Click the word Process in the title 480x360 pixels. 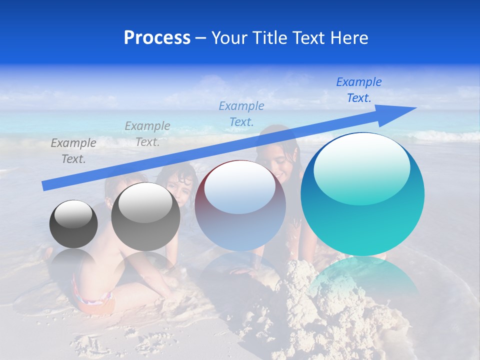157,38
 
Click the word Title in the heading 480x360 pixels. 268,38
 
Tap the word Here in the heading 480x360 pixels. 350,38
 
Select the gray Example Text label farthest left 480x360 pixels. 73,150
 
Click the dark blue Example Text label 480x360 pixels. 358,89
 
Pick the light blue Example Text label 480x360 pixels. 241,113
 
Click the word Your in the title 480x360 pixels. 227,38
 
